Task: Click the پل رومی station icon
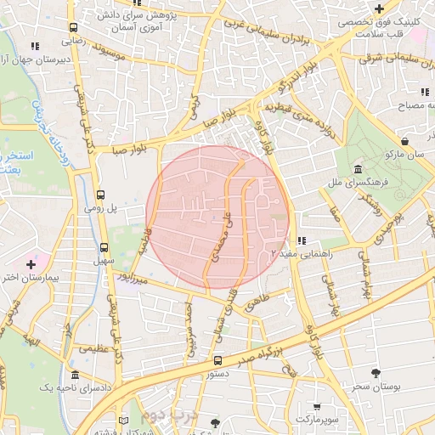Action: click(102, 195)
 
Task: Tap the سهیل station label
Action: click(104, 263)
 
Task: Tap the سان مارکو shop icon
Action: click(404, 141)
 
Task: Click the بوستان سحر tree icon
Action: click(375, 373)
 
